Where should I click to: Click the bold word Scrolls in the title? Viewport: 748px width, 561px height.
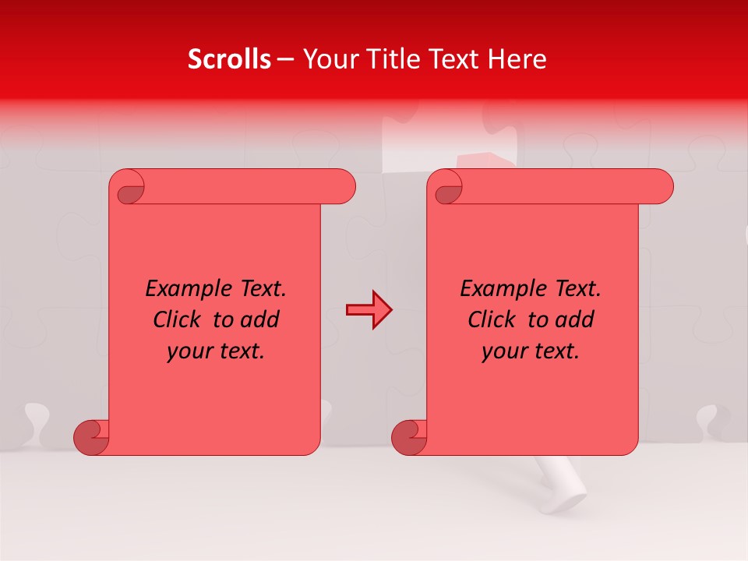230,59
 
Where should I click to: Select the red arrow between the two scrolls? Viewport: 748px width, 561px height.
369,309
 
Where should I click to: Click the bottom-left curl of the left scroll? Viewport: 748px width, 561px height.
91,436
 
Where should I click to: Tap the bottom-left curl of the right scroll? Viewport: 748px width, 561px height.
409,436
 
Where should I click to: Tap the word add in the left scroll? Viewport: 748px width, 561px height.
261,320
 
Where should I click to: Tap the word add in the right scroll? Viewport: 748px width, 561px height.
576,320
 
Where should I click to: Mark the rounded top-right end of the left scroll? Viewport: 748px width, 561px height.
343,187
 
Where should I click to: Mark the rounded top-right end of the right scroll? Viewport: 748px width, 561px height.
661,187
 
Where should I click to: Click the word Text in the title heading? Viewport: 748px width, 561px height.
452,59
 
